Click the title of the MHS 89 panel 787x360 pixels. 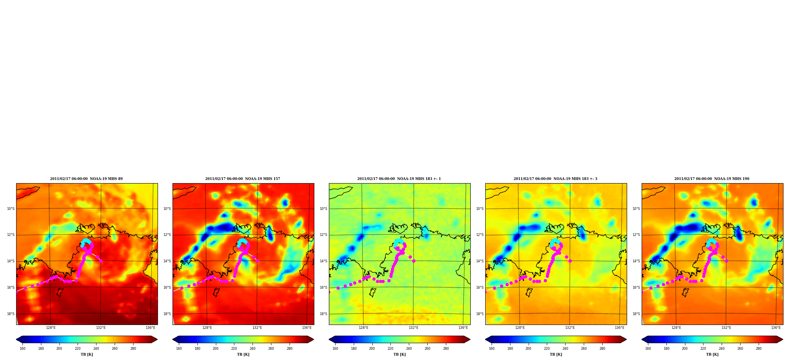coord(86,179)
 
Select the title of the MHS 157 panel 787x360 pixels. coord(243,179)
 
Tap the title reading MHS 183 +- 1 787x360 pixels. coord(399,179)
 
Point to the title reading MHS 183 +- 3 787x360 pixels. coord(555,179)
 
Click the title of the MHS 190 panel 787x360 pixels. coord(712,179)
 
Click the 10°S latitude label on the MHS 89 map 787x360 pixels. coord(11,209)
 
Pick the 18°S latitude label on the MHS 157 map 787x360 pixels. coord(167,314)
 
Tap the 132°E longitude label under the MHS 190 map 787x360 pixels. coord(726,328)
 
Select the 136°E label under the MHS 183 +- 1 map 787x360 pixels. coord(463,328)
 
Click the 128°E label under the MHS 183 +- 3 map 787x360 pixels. coord(520,328)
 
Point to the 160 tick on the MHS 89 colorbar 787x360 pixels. coord(22,348)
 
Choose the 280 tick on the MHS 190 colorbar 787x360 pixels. coord(759,348)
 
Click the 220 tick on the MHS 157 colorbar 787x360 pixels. coord(234,348)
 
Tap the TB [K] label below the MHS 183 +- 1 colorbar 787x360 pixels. coord(399,354)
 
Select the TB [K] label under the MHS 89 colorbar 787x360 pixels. coord(87,354)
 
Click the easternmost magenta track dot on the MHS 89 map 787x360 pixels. coord(101,261)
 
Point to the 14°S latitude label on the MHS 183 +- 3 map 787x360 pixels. coord(480,261)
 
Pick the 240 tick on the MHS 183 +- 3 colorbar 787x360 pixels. coord(565,348)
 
